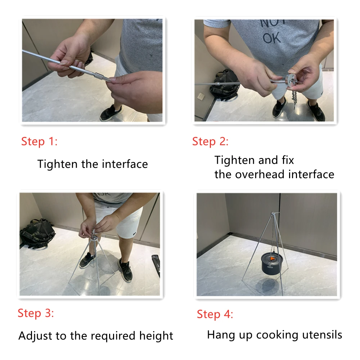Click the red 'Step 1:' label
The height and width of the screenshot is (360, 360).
pos(39,141)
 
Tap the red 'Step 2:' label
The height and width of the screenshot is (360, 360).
pos(210,141)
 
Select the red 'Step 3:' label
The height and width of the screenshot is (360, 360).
pos(36,313)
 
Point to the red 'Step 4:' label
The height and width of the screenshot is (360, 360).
pos(215,314)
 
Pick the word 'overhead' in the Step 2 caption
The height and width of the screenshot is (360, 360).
pos(260,174)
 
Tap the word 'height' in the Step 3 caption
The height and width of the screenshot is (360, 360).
pos(156,336)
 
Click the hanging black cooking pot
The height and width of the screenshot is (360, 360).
pos(272,264)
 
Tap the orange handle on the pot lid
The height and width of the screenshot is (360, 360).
pos(272,259)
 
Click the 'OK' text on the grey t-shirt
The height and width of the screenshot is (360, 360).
pos(272,38)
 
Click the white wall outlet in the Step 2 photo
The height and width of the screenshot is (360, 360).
pos(201,96)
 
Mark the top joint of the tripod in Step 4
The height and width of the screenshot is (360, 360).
pos(273,214)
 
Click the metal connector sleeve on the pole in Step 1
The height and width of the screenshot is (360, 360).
pos(99,76)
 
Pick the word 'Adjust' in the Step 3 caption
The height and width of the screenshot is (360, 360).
pos(35,336)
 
